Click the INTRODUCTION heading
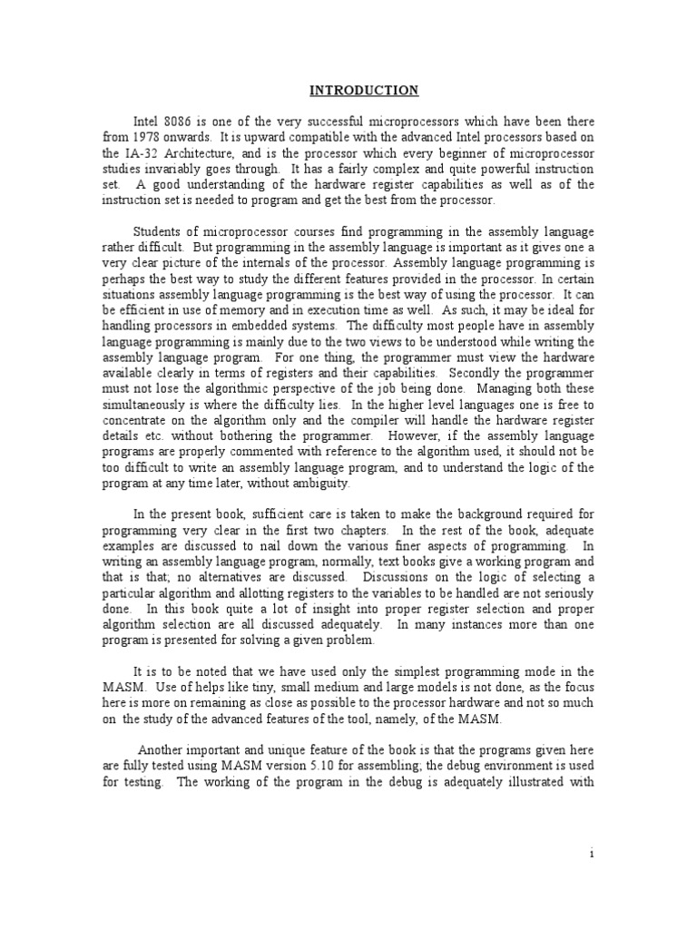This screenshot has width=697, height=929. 364,90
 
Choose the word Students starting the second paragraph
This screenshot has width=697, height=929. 161,230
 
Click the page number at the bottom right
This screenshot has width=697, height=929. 591,854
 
